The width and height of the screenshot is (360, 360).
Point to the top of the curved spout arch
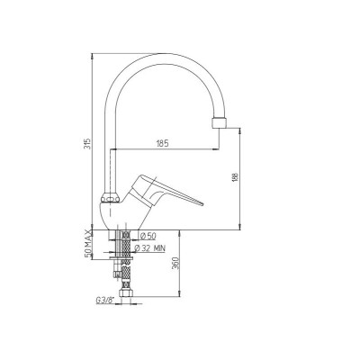162,55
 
